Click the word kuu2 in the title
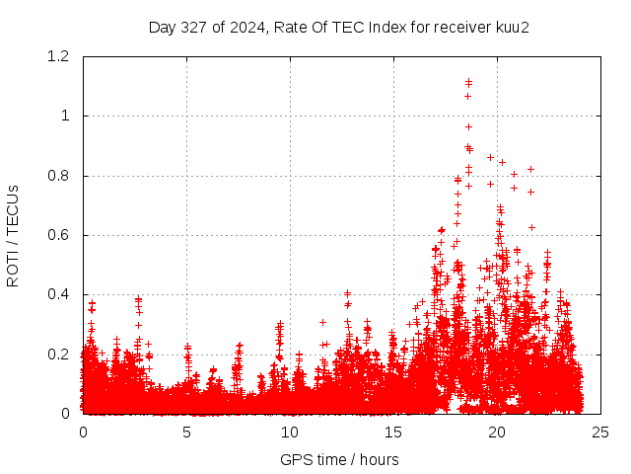(x=512, y=28)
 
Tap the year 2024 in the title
(x=242, y=28)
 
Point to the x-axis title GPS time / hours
(x=340, y=459)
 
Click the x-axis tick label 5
(x=186, y=432)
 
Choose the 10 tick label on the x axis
(x=290, y=432)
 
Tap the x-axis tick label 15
(x=393, y=432)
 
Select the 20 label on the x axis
(x=497, y=432)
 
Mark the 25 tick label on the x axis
(x=600, y=432)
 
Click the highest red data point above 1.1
(x=468, y=82)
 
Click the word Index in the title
(x=387, y=28)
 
